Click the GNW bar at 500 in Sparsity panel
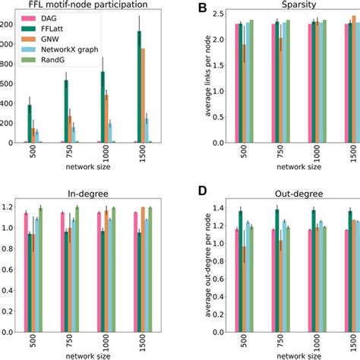[243, 93]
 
